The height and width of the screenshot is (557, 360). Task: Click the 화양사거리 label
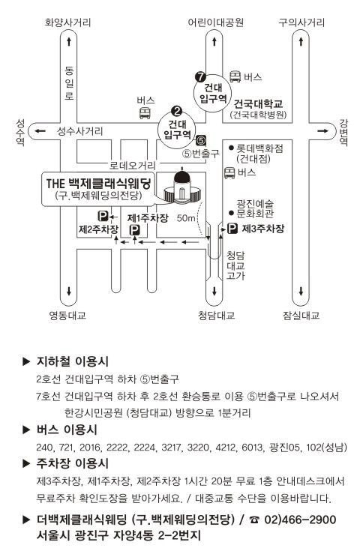[67, 22]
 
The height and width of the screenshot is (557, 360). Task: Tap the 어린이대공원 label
[216, 22]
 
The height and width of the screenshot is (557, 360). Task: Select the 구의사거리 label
[301, 22]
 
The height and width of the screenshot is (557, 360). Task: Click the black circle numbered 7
[200, 76]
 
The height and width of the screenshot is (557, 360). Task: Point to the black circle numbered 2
[176, 111]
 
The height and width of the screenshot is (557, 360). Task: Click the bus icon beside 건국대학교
[235, 76]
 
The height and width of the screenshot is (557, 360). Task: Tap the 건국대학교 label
[258, 104]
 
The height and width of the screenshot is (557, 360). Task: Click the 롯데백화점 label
[259, 148]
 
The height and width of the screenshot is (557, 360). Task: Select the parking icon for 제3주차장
[232, 229]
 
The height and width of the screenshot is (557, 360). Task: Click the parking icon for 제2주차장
[103, 216]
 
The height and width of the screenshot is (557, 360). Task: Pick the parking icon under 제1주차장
[134, 231]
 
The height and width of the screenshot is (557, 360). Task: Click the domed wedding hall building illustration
[182, 188]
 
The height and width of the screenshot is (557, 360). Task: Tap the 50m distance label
[186, 218]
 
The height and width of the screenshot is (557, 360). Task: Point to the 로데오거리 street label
[132, 165]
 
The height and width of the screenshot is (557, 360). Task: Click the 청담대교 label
[216, 316]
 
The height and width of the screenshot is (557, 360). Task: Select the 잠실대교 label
[301, 316]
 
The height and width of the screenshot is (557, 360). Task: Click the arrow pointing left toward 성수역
[40, 131]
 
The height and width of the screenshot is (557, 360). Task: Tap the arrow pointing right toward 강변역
[322, 131]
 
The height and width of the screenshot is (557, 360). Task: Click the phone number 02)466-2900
[300, 520]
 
